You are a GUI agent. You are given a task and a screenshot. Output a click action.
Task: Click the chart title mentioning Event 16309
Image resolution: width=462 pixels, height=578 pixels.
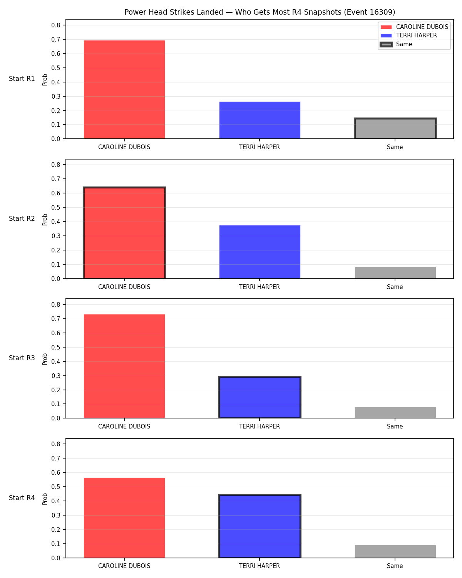pos(259,12)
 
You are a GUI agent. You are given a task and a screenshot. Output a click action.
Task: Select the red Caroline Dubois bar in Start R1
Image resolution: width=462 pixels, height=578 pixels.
pos(124,89)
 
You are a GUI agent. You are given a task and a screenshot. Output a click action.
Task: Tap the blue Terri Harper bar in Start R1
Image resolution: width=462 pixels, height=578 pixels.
pos(259,120)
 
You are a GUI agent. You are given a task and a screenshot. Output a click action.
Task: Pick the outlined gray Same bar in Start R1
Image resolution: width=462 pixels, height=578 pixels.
pos(395,128)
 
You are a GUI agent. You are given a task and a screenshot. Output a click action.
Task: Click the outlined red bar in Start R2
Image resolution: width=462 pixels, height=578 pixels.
pos(124,233)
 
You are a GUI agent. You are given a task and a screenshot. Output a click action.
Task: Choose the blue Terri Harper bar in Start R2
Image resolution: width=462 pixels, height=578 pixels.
pos(259,252)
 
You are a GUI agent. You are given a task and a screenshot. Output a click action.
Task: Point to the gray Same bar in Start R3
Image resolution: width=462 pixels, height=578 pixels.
pos(395,412)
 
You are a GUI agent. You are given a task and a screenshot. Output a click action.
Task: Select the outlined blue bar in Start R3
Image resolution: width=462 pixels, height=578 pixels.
pos(259,397)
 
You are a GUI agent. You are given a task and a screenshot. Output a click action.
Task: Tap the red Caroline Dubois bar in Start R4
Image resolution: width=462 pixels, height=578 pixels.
pos(124,518)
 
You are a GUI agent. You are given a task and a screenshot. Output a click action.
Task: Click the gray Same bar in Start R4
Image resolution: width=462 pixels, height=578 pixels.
pos(395,551)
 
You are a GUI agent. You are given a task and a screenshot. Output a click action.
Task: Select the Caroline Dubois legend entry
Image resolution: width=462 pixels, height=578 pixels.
pos(414,27)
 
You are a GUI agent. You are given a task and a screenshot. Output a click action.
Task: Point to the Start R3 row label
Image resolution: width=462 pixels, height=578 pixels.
pos(22,358)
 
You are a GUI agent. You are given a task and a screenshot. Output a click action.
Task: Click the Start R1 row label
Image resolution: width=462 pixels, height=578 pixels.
pos(22,79)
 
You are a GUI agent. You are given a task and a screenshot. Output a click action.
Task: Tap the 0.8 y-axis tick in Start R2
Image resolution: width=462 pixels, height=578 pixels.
pos(55,165)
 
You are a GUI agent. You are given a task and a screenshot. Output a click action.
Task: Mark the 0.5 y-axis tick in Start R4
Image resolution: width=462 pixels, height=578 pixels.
pos(55,487)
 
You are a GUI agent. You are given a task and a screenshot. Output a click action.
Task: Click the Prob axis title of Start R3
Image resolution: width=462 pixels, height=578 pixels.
pos(45,359)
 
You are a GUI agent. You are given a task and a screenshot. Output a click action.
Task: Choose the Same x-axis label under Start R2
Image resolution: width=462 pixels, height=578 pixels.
pos(395,287)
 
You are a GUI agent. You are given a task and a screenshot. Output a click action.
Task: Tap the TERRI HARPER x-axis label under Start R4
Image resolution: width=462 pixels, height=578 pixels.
pos(259,566)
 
